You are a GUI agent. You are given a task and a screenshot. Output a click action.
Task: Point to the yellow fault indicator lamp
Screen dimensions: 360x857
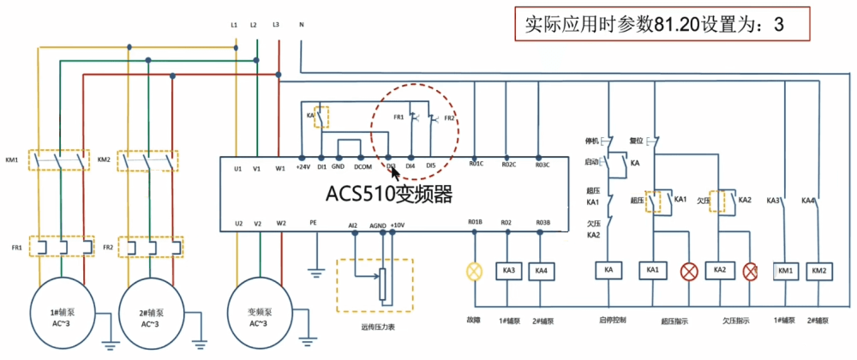(x=474, y=271)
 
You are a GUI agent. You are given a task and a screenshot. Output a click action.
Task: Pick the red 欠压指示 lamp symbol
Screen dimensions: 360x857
(x=751, y=271)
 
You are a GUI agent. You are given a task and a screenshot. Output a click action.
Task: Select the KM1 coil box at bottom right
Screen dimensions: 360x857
(x=788, y=271)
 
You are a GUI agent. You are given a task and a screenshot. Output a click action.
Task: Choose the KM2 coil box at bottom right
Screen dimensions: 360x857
(x=820, y=271)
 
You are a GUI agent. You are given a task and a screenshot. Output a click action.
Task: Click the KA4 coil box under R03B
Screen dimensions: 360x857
(x=541, y=271)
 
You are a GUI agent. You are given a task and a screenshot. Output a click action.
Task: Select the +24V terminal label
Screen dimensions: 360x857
(x=302, y=166)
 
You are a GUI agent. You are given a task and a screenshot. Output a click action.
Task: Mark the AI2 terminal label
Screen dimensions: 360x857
(x=352, y=225)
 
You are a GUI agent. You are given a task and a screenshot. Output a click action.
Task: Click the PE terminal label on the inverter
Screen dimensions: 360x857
(x=313, y=223)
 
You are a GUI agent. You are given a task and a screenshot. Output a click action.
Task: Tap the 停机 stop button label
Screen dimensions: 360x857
(x=591, y=140)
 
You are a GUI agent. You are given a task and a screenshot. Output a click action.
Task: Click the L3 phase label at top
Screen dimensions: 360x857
(x=276, y=25)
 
